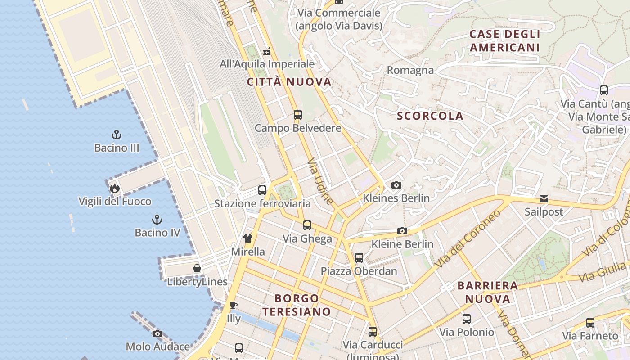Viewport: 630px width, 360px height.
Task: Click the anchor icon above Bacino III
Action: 117,134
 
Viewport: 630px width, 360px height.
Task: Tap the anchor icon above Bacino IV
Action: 157,220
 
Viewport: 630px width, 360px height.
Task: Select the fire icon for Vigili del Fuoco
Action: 114,188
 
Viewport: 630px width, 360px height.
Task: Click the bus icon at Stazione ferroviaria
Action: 262,190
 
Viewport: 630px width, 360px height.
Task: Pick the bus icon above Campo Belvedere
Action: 298,114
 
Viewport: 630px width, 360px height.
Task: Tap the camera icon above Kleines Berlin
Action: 396,185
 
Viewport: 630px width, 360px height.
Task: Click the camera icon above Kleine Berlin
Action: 402,231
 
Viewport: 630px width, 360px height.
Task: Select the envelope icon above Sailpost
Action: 544,199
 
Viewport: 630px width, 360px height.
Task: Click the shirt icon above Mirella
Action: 248,238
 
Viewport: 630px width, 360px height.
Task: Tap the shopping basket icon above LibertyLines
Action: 197,268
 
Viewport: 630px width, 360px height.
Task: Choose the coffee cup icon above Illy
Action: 233,305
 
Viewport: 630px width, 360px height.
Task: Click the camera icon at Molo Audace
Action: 157,333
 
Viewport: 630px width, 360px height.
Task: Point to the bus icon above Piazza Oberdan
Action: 359,258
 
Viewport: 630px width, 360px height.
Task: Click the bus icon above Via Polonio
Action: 467,319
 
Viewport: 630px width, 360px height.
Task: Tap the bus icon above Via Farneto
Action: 590,322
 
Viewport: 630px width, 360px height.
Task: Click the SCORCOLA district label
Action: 430,116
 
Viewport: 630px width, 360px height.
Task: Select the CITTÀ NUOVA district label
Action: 289,82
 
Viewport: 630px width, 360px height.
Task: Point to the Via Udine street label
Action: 320,181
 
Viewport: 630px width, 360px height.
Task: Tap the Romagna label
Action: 410,70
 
